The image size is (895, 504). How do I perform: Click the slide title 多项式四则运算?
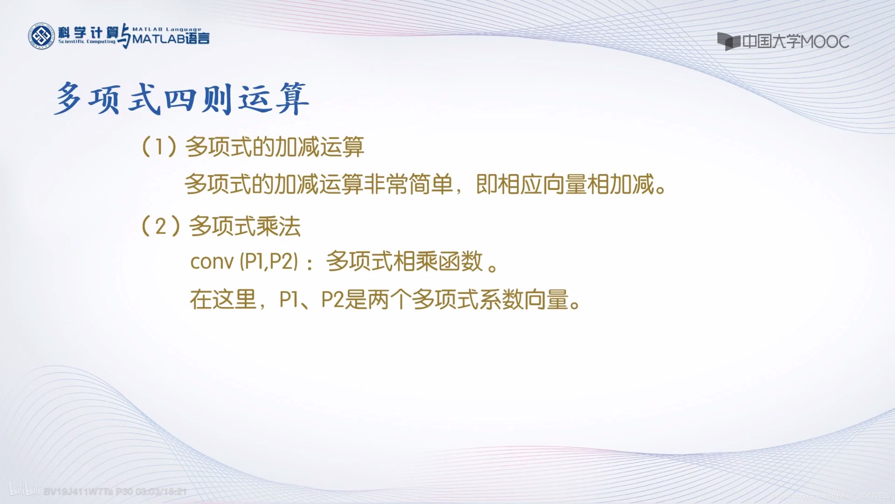[x=182, y=99]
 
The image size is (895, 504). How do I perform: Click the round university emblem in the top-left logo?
[x=41, y=36]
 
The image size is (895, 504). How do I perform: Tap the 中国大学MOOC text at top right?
[x=795, y=42]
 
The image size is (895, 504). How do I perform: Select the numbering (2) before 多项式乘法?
[x=160, y=226]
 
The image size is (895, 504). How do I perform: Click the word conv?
[x=212, y=262]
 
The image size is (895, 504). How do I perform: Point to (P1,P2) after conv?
[x=268, y=262]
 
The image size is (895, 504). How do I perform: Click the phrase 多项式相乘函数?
[x=404, y=262]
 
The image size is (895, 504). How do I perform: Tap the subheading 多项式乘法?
[x=245, y=227]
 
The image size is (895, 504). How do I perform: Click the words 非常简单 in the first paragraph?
[x=409, y=184]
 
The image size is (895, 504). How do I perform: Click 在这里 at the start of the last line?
[x=223, y=300]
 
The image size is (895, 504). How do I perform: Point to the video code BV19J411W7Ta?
[x=79, y=492]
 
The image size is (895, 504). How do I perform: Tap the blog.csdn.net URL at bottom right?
[x=830, y=496]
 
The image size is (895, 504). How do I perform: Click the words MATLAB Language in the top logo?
[x=167, y=29]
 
